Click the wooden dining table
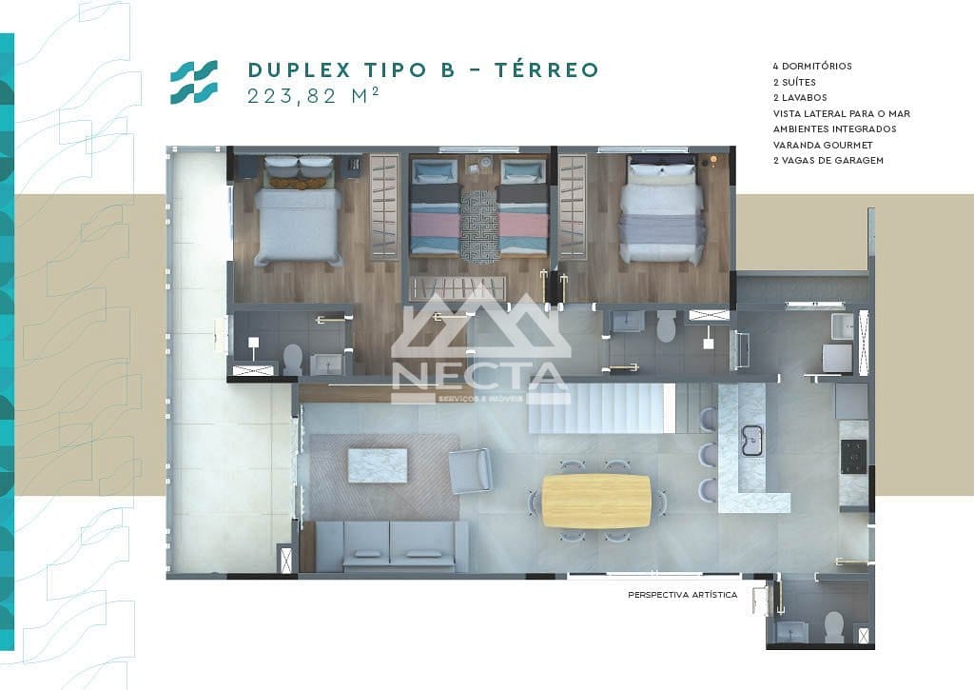pyautogui.click(x=596, y=501)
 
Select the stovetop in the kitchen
pyautogui.click(x=852, y=456)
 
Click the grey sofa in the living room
pyautogui.click(x=391, y=545)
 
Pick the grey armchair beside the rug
pyautogui.click(x=471, y=470)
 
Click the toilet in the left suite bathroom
pyautogui.click(x=294, y=359)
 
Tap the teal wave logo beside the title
pyautogui.click(x=194, y=82)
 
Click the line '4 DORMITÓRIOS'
pyautogui.click(x=812, y=67)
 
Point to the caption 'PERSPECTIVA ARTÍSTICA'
pyautogui.click(x=682, y=595)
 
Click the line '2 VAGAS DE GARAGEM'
pyautogui.click(x=828, y=160)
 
